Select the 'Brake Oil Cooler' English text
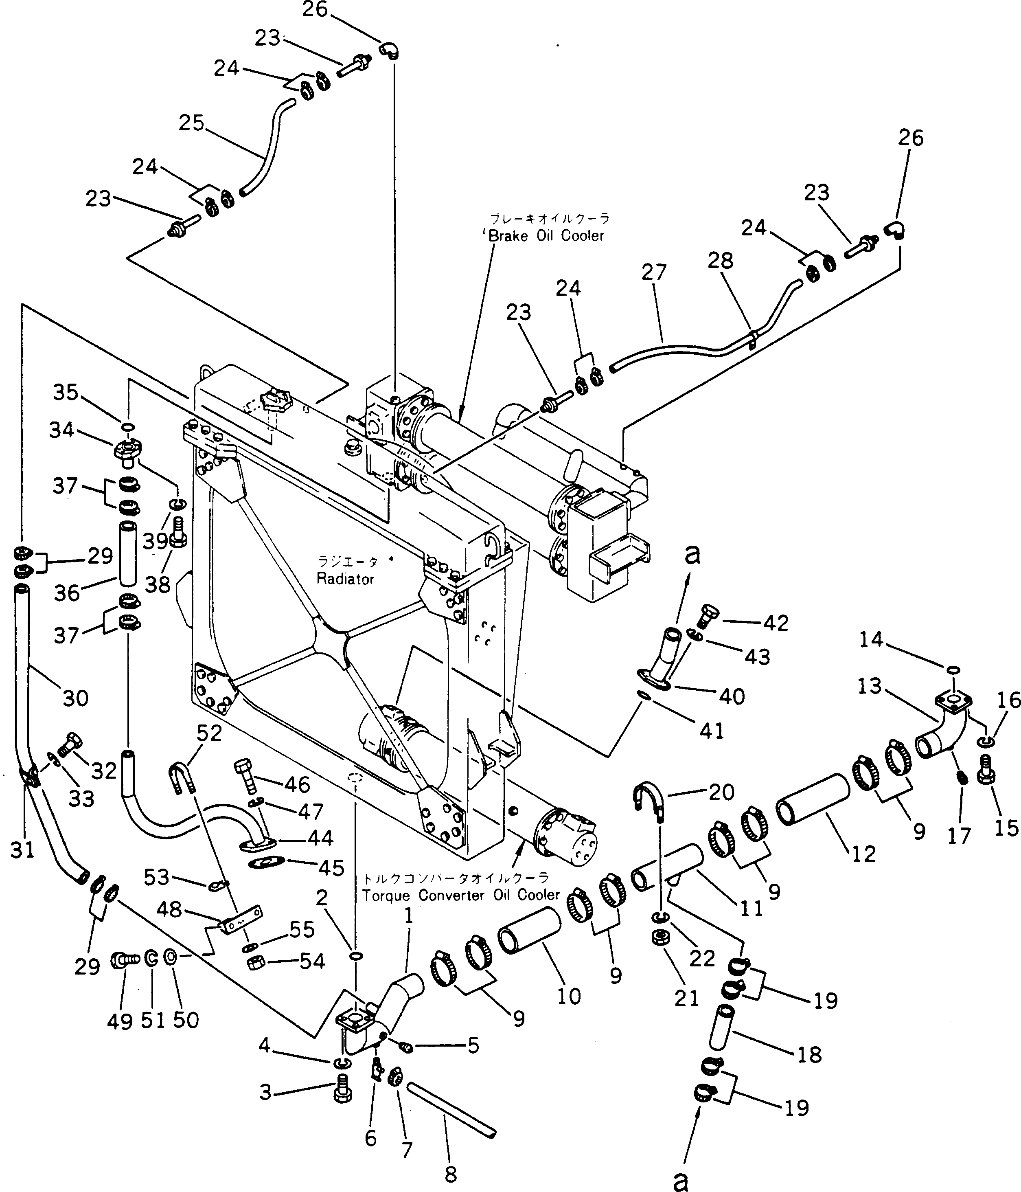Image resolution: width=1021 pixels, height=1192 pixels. click(546, 236)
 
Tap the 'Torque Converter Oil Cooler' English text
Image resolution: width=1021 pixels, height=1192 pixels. click(460, 895)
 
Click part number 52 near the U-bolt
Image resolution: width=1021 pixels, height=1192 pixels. click(209, 733)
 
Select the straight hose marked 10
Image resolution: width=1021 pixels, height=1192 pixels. click(529, 931)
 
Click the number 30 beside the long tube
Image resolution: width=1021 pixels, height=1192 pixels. click(75, 698)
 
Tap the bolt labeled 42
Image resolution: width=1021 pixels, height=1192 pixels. click(708, 617)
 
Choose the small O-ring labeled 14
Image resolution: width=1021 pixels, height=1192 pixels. click(951, 670)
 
